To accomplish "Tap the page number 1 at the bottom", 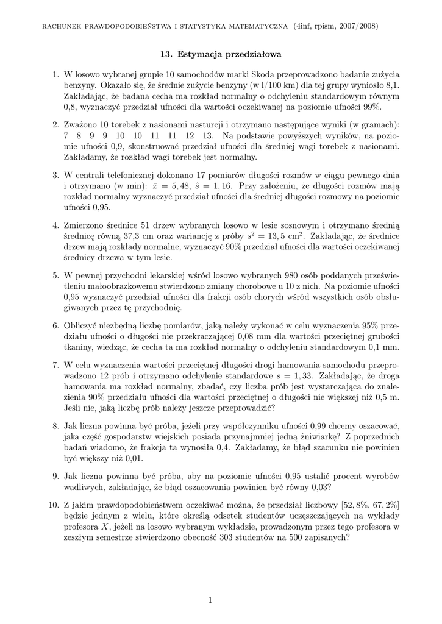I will (x=210, y=600).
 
